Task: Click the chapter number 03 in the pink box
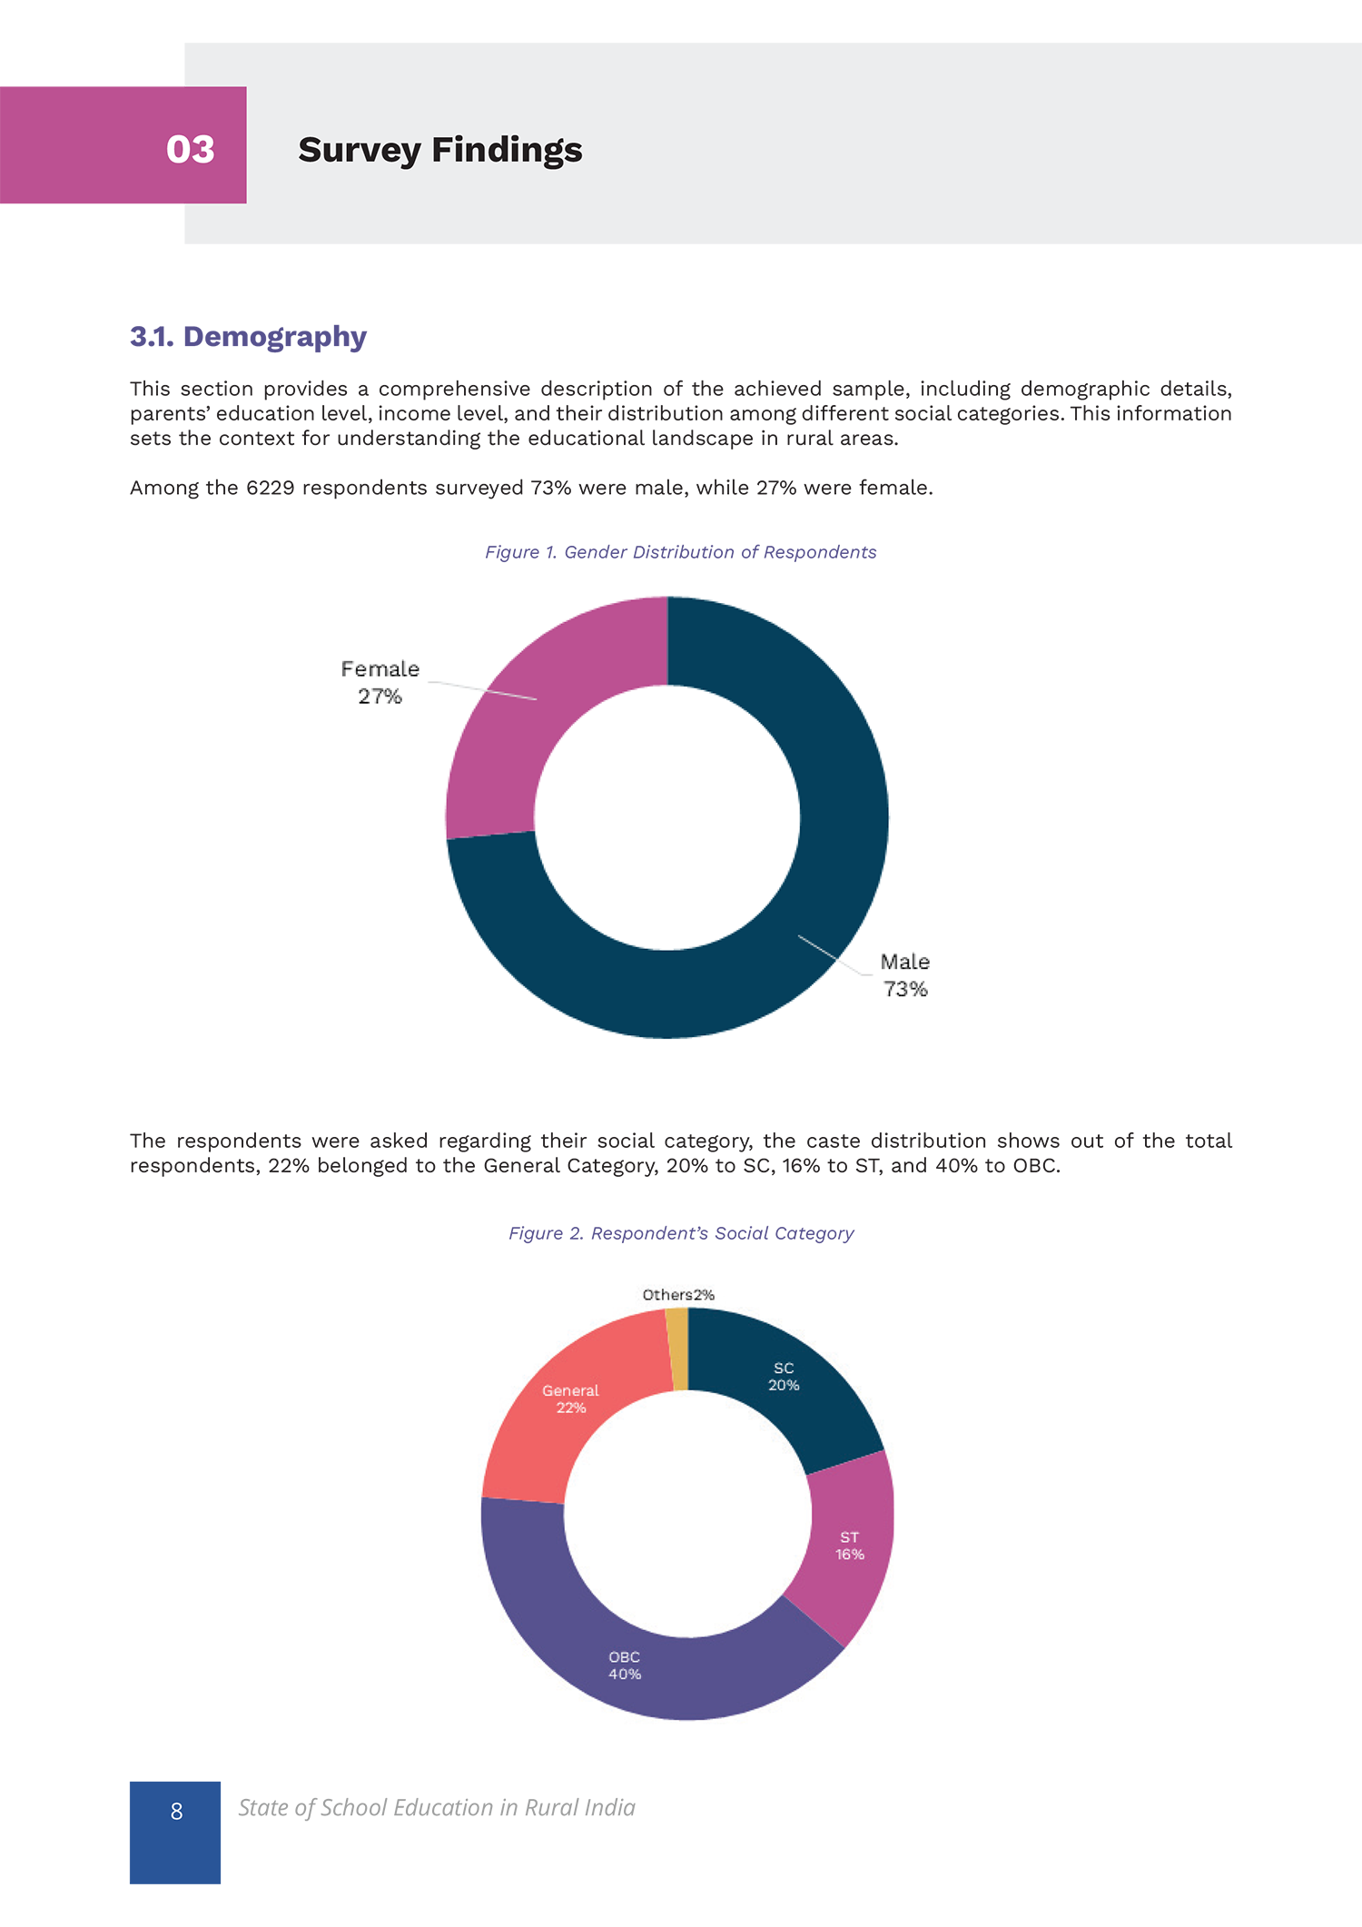pyautogui.click(x=191, y=150)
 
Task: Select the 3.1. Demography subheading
pyautogui.click(x=248, y=337)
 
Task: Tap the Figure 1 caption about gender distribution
pyautogui.click(x=681, y=552)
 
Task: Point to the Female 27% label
pyautogui.click(x=380, y=682)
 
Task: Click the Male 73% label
pyautogui.click(x=905, y=975)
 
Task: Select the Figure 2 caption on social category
pyautogui.click(x=681, y=1233)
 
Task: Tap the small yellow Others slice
pyautogui.click(x=677, y=1349)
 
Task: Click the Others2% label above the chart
pyautogui.click(x=678, y=1295)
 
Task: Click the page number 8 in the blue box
pyautogui.click(x=176, y=1812)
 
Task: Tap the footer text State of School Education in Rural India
pyautogui.click(x=437, y=1808)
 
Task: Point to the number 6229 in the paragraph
pyautogui.click(x=270, y=488)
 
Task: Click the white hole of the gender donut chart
pyautogui.click(x=667, y=817)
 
